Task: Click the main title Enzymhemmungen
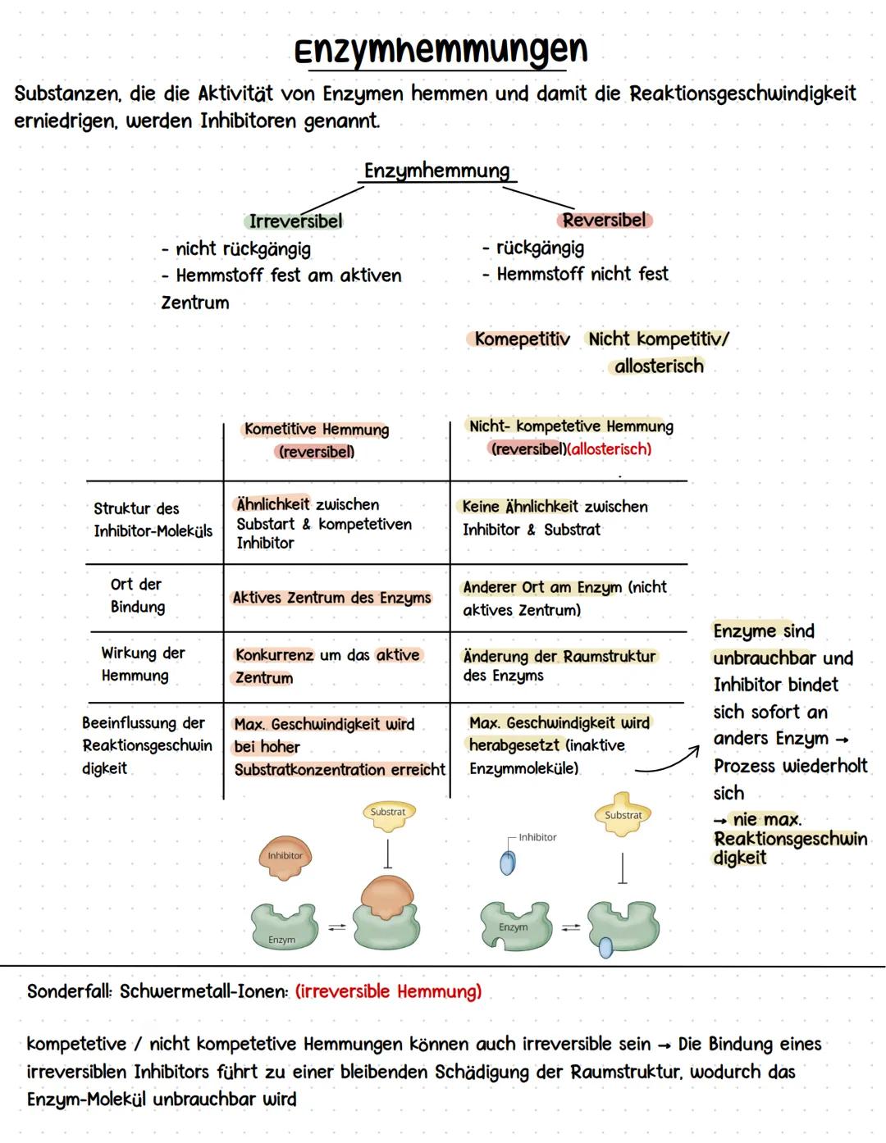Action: coord(441,51)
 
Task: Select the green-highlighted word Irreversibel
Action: coord(295,221)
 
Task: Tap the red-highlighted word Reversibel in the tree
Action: coord(605,220)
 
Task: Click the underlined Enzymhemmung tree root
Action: coord(436,171)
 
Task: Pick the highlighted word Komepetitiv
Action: coord(522,339)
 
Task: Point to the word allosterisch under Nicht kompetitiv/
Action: coord(659,367)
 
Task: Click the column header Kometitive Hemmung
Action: coord(317,430)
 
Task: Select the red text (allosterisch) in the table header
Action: coord(610,449)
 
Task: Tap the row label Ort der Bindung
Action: coord(137,595)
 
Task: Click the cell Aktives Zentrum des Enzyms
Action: coord(331,598)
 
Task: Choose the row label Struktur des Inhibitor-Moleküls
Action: coord(152,520)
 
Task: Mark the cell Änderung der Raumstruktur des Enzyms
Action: coord(559,666)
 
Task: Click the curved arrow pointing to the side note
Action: coord(666,759)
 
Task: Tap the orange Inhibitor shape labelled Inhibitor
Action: coord(285,854)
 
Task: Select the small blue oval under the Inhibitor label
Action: coord(509,863)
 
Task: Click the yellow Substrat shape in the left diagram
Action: coord(388,813)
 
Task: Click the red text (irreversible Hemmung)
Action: coord(389,991)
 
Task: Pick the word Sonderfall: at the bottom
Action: coord(70,991)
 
